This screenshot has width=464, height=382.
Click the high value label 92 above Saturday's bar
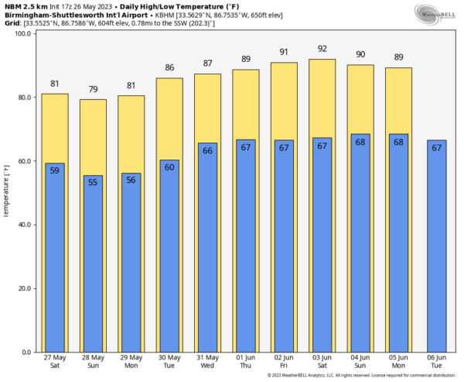[322, 50]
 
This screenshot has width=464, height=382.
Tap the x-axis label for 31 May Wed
[208, 362]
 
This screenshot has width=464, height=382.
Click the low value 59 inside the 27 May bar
[55, 170]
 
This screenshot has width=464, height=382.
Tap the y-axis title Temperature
[7, 189]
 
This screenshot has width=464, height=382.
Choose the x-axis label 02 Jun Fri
[284, 362]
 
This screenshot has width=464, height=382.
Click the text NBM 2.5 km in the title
[26, 5]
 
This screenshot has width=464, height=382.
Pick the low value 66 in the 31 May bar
[208, 150]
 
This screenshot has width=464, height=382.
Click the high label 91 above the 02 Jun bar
[284, 53]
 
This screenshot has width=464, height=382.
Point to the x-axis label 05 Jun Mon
[398, 362]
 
